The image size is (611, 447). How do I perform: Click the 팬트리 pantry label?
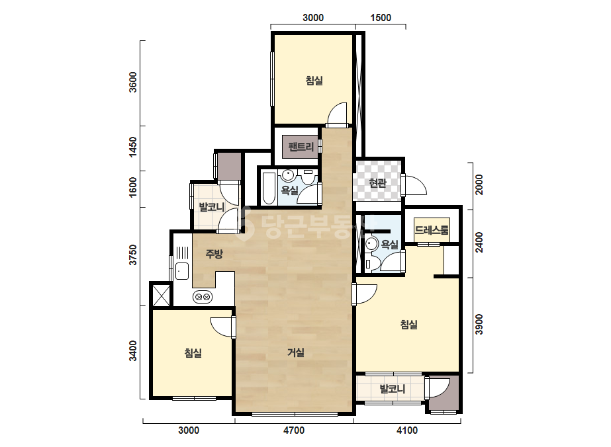301,147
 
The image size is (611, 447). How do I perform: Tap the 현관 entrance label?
377,183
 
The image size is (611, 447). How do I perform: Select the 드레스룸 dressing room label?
432,229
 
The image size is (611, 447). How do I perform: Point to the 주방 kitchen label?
214,255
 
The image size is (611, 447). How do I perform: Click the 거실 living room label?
296,352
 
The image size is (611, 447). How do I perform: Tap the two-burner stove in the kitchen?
203,297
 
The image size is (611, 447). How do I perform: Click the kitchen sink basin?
182,271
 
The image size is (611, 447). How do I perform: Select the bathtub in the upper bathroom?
269,188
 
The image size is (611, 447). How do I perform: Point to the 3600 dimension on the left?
133,82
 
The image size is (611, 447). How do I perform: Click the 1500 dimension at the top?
381,17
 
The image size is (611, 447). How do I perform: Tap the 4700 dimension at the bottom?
294,430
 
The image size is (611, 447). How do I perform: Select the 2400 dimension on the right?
479,242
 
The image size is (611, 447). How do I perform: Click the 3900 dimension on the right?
479,325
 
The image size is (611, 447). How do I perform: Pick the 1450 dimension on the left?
133,147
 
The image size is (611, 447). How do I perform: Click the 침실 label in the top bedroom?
314,81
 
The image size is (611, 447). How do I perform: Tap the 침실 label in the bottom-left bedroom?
193,353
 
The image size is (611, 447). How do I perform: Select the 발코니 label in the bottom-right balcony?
393,389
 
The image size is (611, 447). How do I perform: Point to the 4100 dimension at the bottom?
407,430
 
